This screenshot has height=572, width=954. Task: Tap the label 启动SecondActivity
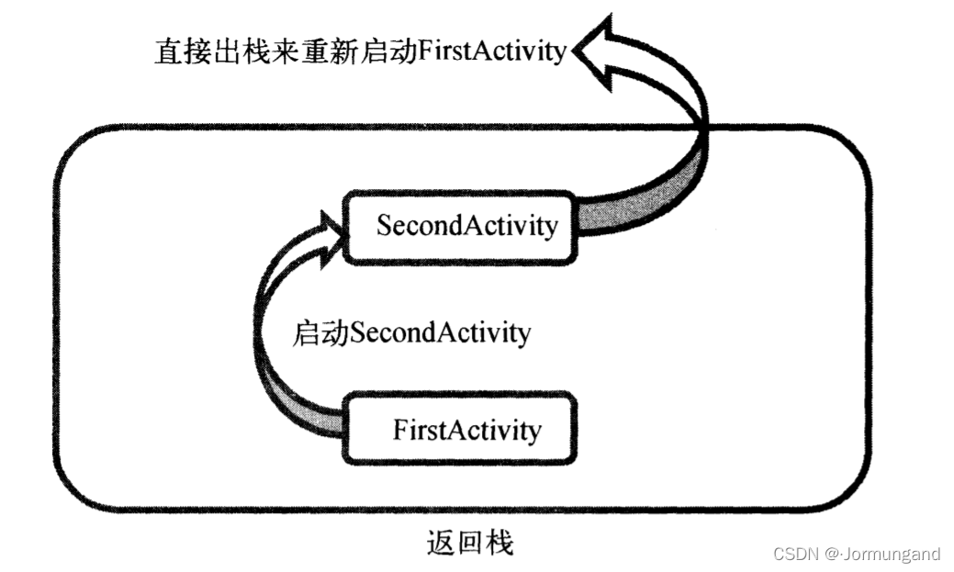pyautogui.click(x=411, y=331)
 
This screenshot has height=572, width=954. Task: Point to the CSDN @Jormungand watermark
pyautogui.click(x=857, y=554)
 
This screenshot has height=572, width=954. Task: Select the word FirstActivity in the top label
pyautogui.click(x=491, y=51)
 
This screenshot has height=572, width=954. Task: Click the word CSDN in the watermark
pyautogui.click(x=796, y=554)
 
